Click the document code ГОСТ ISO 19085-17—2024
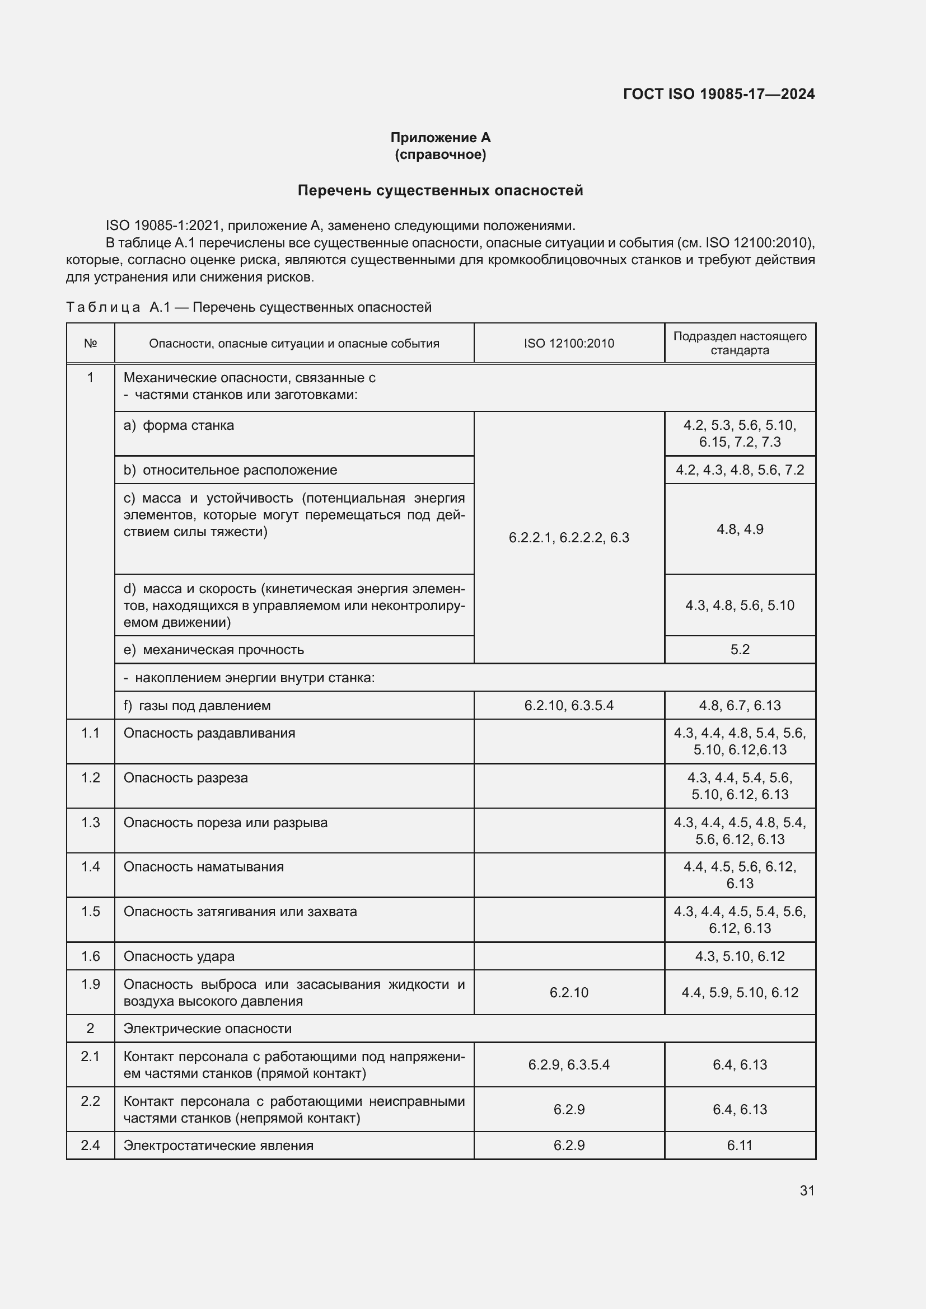[x=718, y=94]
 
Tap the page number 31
[x=807, y=1190]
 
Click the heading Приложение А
[x=440, y=138]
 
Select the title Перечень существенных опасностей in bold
[x=440, y=190]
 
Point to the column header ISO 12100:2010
[x=568, y=343]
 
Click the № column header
[x=90, y=343]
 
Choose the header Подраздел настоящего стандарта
[x=740, y=343]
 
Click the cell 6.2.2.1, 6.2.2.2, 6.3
[x=568, y=538]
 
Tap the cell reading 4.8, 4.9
[x=740, y=529]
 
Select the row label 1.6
[x=90, y=956]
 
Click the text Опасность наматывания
[x=204, y=867]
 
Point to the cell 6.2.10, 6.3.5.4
[x=568, y=706]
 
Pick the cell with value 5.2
[x=740, y=650]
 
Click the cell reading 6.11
[x=740, y=1146]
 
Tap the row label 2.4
[x=90, y=1146]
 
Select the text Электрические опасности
[x=208, y=1029]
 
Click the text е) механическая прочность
[x=214, y=650]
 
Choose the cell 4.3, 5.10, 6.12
[x=740, y=956]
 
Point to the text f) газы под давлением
[x=197, y=706]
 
